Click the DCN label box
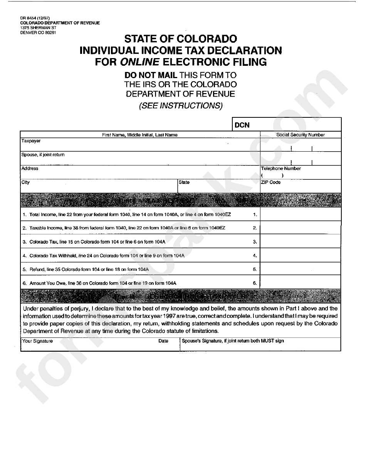[242, 125]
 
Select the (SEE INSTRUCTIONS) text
[181, 106]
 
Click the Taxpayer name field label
[31, 141]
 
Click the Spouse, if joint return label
[43, 155]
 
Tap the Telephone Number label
[281, 169]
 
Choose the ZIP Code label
[271, 182]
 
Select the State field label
[184, 182]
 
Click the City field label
[26, 182]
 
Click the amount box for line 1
[301, 214]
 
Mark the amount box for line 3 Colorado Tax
[301, 242]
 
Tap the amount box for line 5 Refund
[301, 269]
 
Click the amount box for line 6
[301, 283]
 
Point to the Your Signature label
[38, 341]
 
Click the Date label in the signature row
[163, 341]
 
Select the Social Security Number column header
[301, 135]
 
